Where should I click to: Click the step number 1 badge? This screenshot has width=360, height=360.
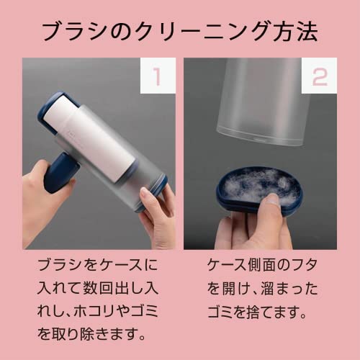[x=158, y=76]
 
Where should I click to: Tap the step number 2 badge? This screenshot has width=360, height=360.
[x=319, y=76]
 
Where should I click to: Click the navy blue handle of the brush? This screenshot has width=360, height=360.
[x=60, y=171]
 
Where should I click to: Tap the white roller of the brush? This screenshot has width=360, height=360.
[x=89, y=137]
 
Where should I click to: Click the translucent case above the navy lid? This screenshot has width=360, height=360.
[x=261, y=101]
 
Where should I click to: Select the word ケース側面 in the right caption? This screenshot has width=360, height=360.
[x=243, y=266]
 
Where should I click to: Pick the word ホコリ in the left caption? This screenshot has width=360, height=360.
[x=95, y=311]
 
